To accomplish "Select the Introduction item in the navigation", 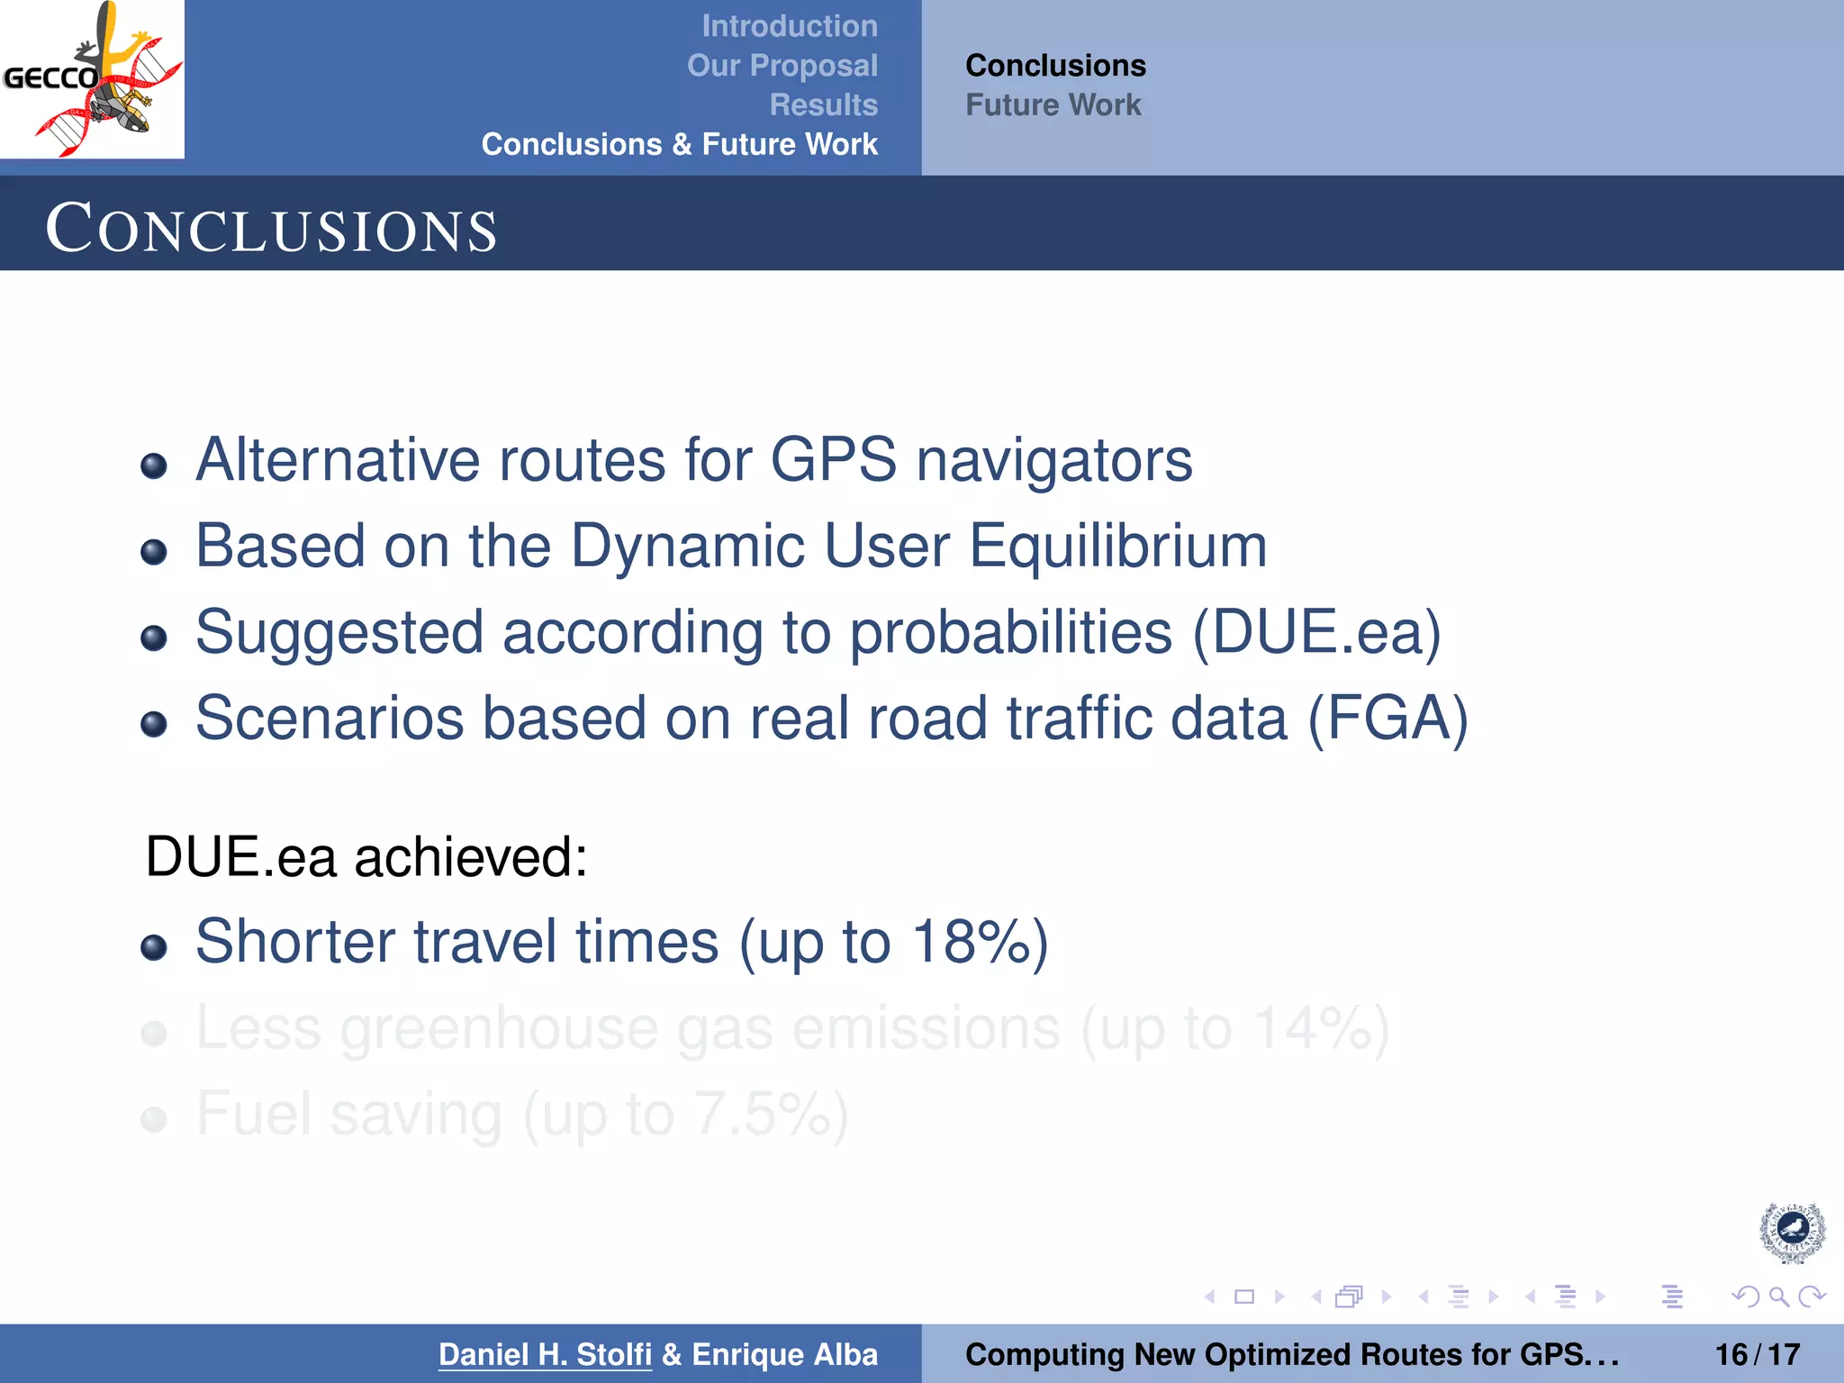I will [789, 26].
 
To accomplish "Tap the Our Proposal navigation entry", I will [782, 66].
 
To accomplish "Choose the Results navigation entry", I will [823, 104].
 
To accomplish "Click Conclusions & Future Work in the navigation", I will [679, 144].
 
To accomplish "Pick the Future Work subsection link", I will [1053, 104].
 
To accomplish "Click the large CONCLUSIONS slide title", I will [271, 228].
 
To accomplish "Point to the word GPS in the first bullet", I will [833, 460].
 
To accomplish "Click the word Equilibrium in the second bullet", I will [1117, 546].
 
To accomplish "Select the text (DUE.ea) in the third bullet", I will [1316, 632].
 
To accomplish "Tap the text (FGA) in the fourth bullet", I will [1387, 719].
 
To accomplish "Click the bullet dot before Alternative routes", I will [154, 466].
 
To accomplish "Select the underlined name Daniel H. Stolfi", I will [545, 1354].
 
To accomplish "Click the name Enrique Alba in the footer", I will [784, 1354].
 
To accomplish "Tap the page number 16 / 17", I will [1757, 1354].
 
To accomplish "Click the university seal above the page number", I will [1792, 1232].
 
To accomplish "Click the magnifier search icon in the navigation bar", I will [1778, 1297].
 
